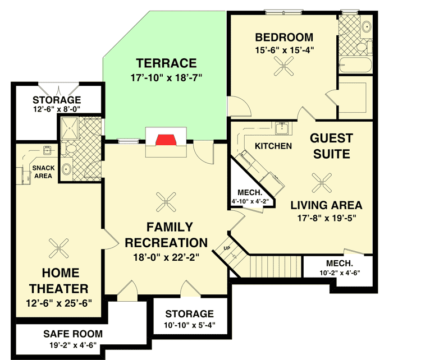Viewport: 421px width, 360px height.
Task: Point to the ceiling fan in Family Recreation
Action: (166, 200)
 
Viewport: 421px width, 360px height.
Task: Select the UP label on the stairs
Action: (227, 248)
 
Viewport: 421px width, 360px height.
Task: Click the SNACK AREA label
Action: (42, 172)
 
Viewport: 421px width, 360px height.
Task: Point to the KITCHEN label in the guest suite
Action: (273, 146)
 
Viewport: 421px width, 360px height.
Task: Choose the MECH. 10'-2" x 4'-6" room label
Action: (340, 268)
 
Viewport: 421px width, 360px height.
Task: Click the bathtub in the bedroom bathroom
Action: (355, 67)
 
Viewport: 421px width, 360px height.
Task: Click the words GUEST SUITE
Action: (331, 146)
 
